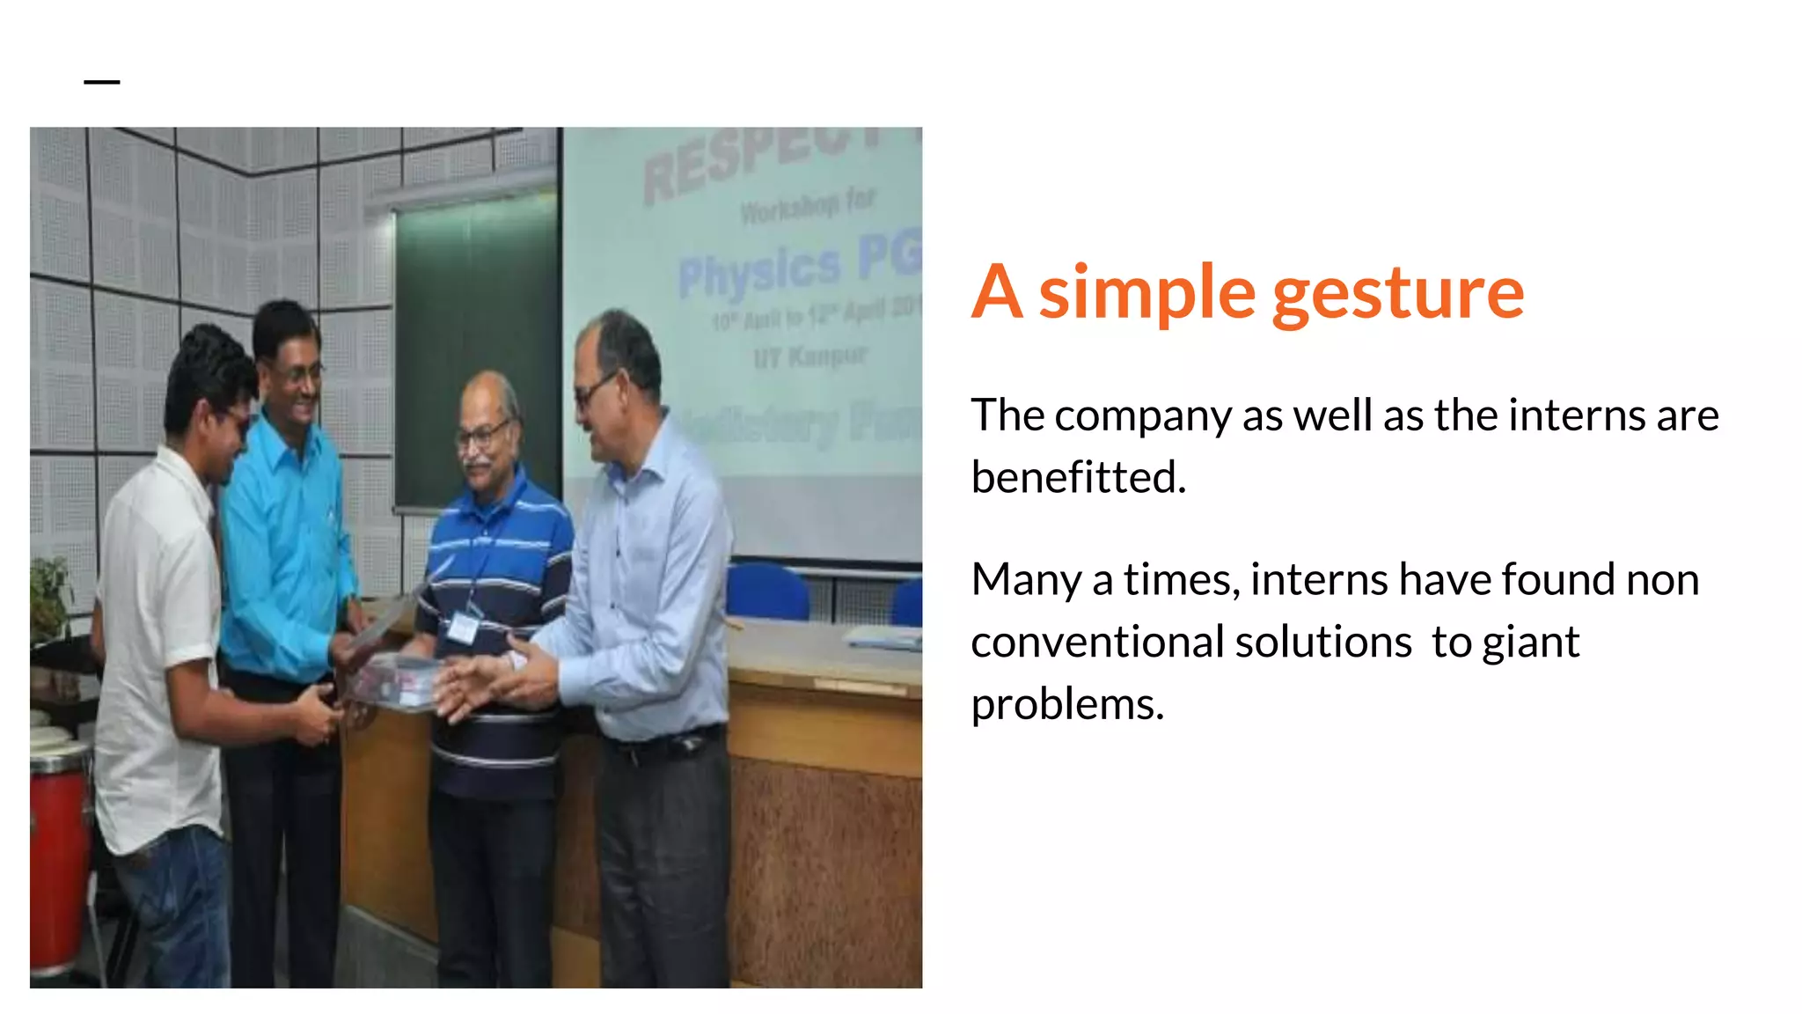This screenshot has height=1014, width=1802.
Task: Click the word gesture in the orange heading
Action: [x=1398, y=295]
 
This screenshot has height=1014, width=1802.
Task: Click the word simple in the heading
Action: [x=1147, y=295]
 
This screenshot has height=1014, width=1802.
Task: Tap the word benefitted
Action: [x=1078, y=478]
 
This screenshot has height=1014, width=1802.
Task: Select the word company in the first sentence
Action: [x=1142, y=416]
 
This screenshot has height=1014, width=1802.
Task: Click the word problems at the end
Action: [x=1066, y=705]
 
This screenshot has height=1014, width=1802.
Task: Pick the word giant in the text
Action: [x=1530, y=643]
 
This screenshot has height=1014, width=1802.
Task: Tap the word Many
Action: [x=1026, y=581]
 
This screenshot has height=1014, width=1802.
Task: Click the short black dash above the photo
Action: [x=102, y=82]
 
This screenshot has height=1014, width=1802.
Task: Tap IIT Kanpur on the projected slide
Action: [x=809, y=357]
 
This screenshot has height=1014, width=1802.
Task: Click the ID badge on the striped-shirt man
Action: [x=461, y=627]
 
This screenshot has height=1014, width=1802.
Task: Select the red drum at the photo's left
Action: [x=58, y=858]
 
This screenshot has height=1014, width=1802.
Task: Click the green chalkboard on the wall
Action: [x=475, y=352]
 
